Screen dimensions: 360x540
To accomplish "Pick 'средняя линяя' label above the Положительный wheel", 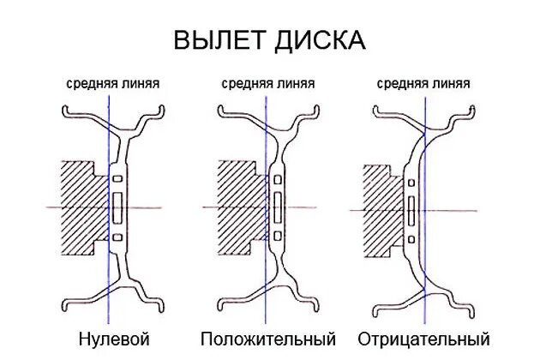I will pyautogui.click(x=267, y=84).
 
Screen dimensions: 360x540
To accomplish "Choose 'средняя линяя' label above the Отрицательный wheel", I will pyautogui.click(x=423, y=84).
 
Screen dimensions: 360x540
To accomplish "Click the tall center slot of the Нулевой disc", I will pyautogui.click(x=118, y=207).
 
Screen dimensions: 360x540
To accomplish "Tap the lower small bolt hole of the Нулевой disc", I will pyautogui.click(x=118, y=237).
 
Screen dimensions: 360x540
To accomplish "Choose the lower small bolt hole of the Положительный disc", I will pyautogui.click(x=277, y=237).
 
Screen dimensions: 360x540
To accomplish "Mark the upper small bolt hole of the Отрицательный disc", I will pyautogui.click(x=411, y=183).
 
